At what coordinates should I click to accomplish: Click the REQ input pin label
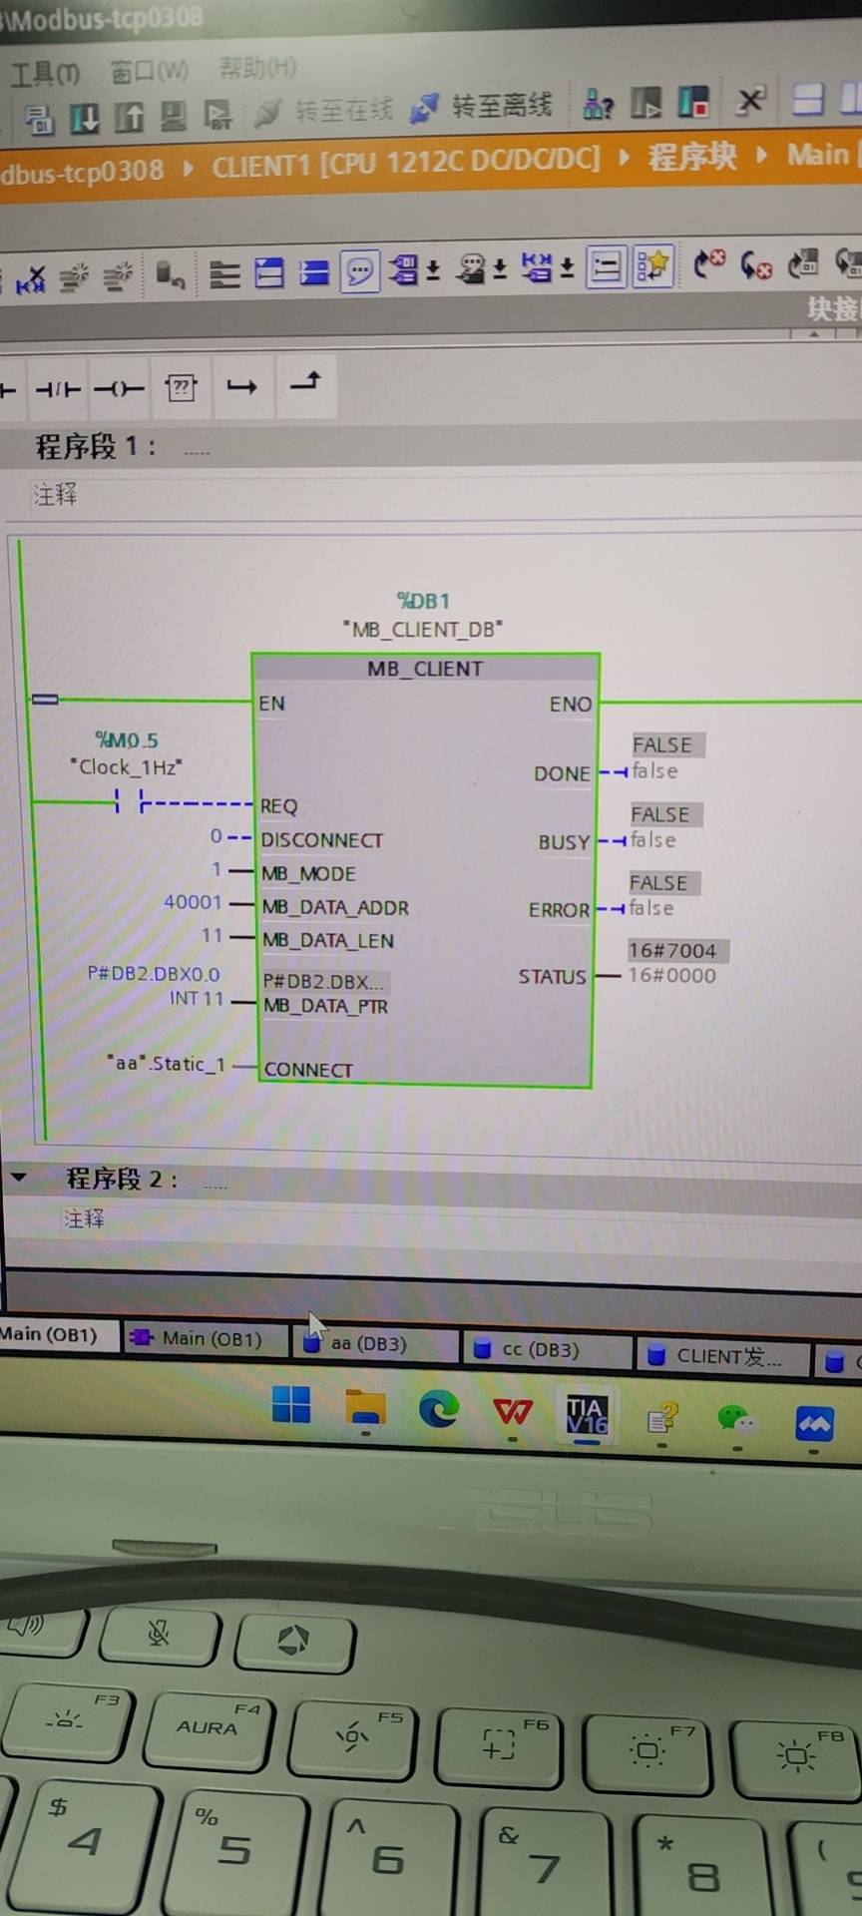278,806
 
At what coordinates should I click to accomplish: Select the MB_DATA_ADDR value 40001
193,902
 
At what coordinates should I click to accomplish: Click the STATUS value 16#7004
672,951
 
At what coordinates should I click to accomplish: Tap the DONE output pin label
562,773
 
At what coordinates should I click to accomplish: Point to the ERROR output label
559,910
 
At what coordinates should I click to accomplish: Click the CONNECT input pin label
308,1070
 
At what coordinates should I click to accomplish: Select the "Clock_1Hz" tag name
126,766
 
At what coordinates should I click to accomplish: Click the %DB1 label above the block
424,601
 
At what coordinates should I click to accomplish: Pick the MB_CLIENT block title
425,669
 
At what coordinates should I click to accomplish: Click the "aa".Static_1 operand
168,1064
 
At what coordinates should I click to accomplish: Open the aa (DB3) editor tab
367,1344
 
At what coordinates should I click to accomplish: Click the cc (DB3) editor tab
539,1350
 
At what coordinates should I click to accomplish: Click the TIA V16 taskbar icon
587,1414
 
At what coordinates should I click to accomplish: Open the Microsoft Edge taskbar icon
438,1409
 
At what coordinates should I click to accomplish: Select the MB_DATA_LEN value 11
212,936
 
